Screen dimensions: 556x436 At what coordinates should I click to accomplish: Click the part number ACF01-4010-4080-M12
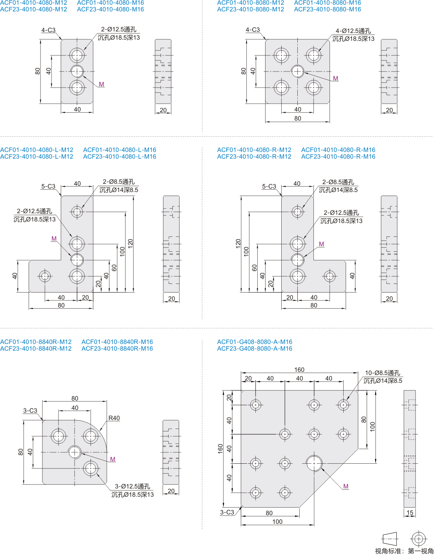[x=34, y=3]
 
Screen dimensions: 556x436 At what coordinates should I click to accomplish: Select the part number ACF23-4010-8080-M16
[x=327, y=9]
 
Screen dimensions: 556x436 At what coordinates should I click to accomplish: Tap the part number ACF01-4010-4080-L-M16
[x=119, y=150]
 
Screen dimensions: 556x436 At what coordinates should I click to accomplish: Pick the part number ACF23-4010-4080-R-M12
[x=254, y=157]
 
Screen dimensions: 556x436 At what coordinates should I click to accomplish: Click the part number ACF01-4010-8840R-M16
[x=117, y=342]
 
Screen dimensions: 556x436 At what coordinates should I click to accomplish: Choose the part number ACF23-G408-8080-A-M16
[x=255, y=349]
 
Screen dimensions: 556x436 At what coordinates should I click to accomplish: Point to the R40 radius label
[x=114, y=418]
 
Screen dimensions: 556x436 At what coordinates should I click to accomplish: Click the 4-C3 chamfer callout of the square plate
[x=253, y=30]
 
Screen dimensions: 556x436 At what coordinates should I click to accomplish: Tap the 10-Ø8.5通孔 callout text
[x=382, y=373]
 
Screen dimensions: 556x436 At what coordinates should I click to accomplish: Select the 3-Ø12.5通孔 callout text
[x=132, y=486]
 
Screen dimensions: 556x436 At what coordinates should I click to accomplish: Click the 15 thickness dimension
[x=410, y=513]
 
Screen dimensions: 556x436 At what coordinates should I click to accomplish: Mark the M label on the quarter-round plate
[x=113, y=459]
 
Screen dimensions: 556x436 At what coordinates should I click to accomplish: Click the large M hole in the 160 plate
[x=314, y=463]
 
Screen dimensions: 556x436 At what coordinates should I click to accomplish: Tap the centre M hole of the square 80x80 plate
[x=298, y=71]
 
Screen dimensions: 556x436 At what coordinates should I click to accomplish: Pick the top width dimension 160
[x=299, y=370]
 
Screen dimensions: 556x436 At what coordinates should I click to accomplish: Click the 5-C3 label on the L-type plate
[x=48, y=187]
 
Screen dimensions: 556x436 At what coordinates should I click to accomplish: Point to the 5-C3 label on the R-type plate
[x=269, y=187]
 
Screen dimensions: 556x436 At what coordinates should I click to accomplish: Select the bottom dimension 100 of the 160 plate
[x=277, y=522]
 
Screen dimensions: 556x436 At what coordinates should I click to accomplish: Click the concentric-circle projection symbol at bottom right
[x=418, y=538]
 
